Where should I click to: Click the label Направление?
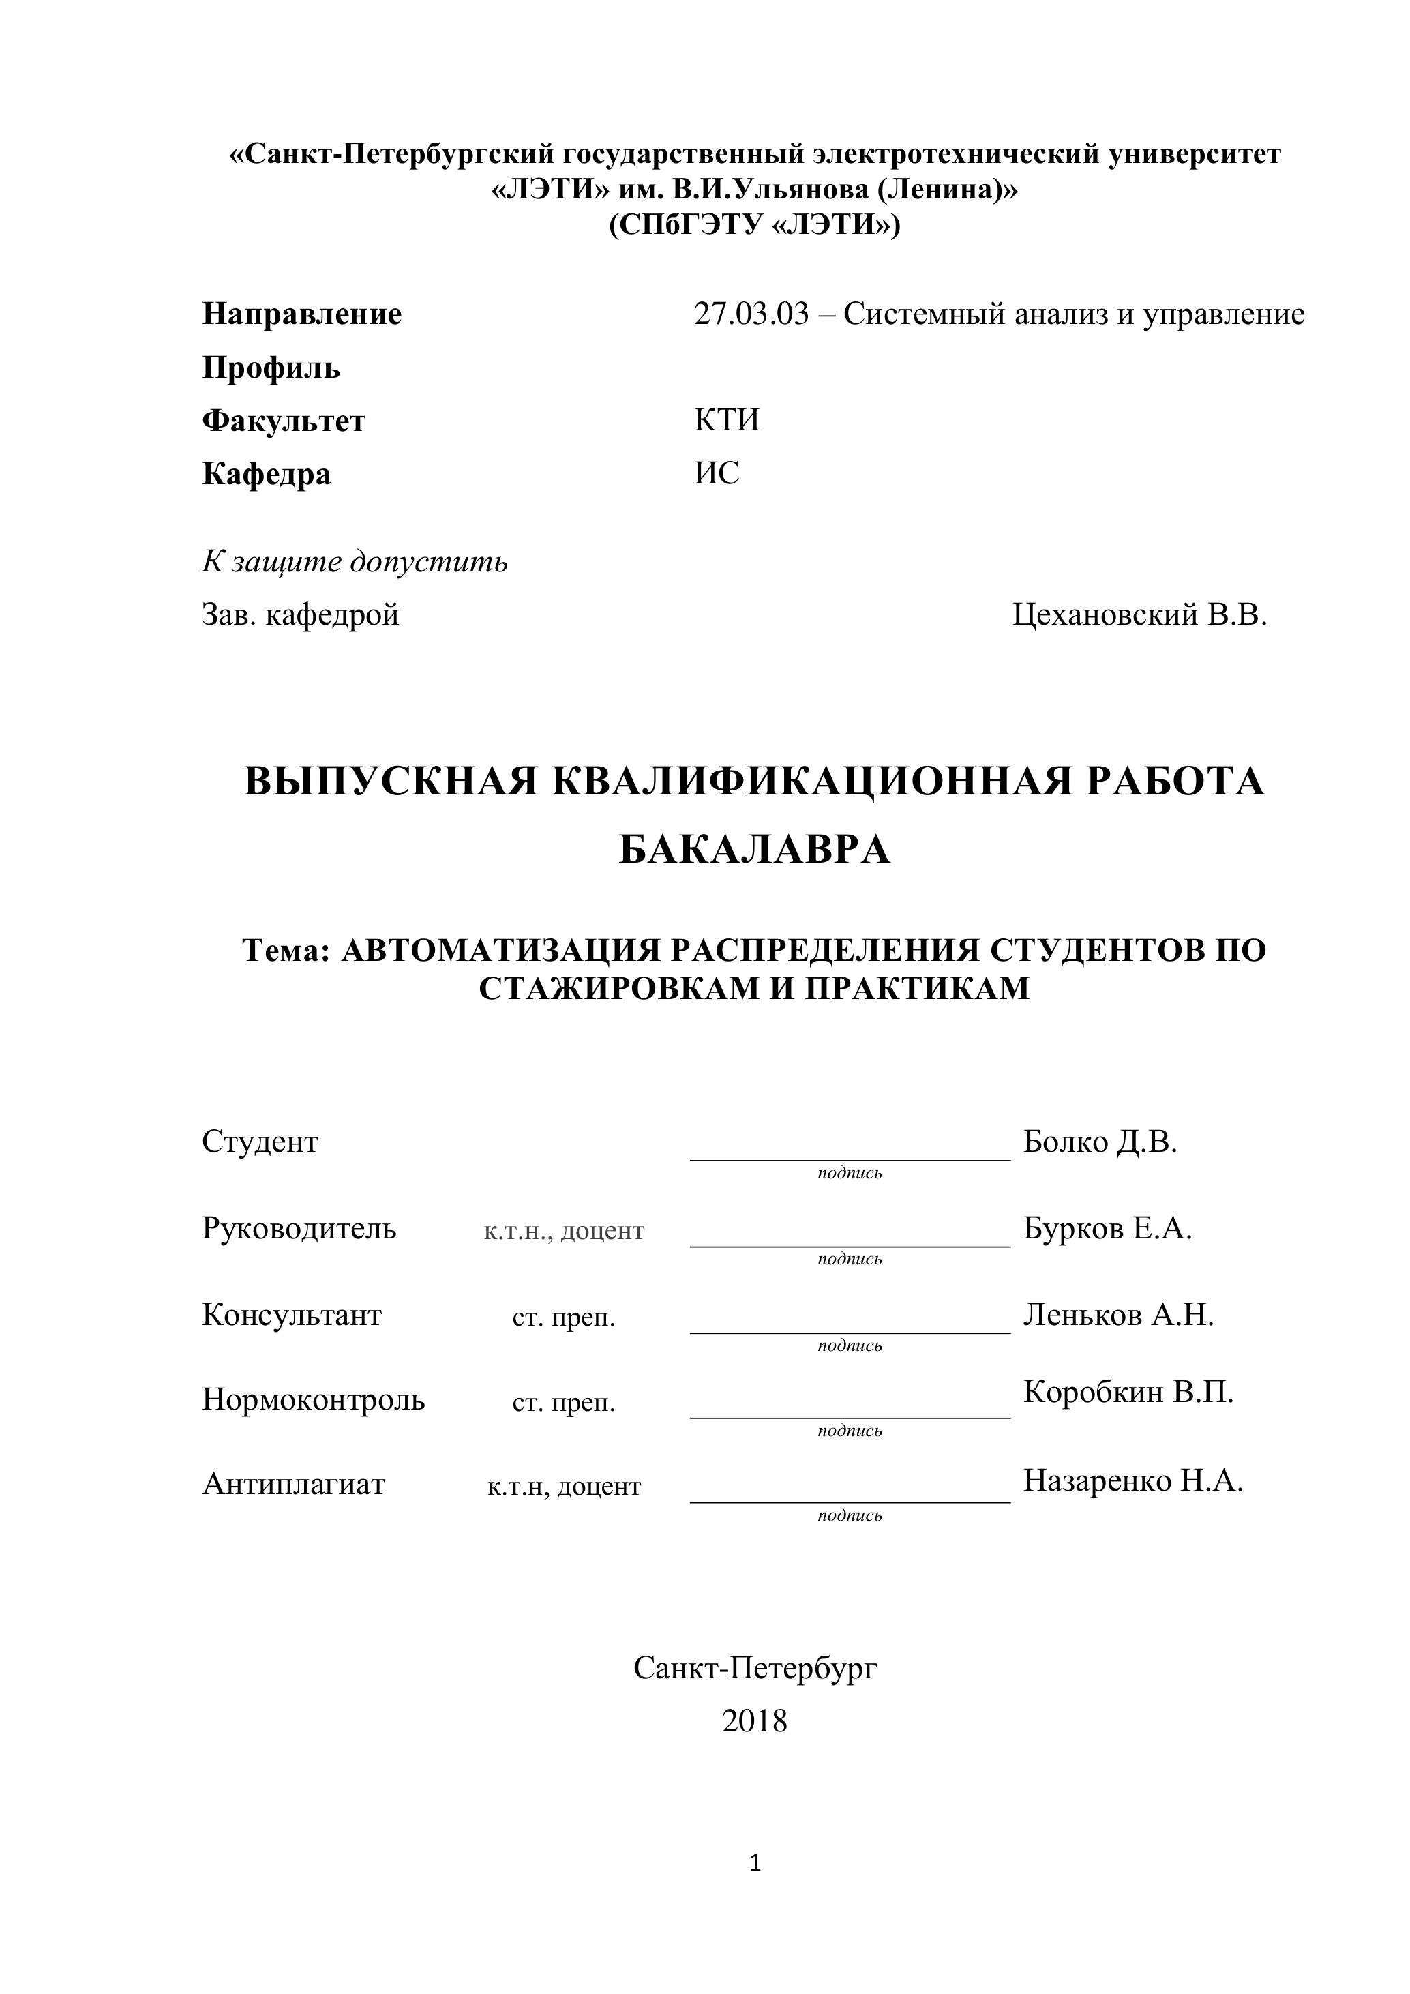[x=301, y=314]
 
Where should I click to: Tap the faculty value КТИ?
[x=727, y=420]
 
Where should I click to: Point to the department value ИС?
[x=717, y=473]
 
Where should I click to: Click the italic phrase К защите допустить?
[x=355, y=562]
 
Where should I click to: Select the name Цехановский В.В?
[x=1139, y=615]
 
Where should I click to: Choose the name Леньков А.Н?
[x=1118, y=1315]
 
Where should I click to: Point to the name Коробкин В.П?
[x=1128, y=1392]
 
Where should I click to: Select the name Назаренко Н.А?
[x=1133, y=1480]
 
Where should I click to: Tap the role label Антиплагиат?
[x=293, y=1484]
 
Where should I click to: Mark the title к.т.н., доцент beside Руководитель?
[x=565, y=1232]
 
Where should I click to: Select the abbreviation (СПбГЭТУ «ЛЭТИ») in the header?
[x=755, y=226]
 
